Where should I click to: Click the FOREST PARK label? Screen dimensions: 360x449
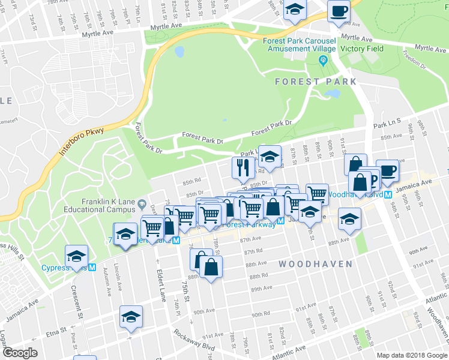[316, 82]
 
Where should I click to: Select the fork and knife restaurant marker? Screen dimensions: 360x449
[243, 167]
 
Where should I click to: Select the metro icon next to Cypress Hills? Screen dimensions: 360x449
[92, 268]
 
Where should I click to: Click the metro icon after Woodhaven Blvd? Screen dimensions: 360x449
[388, 194]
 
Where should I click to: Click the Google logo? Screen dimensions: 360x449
[20, 353]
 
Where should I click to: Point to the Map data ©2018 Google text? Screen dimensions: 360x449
[411, 355]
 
